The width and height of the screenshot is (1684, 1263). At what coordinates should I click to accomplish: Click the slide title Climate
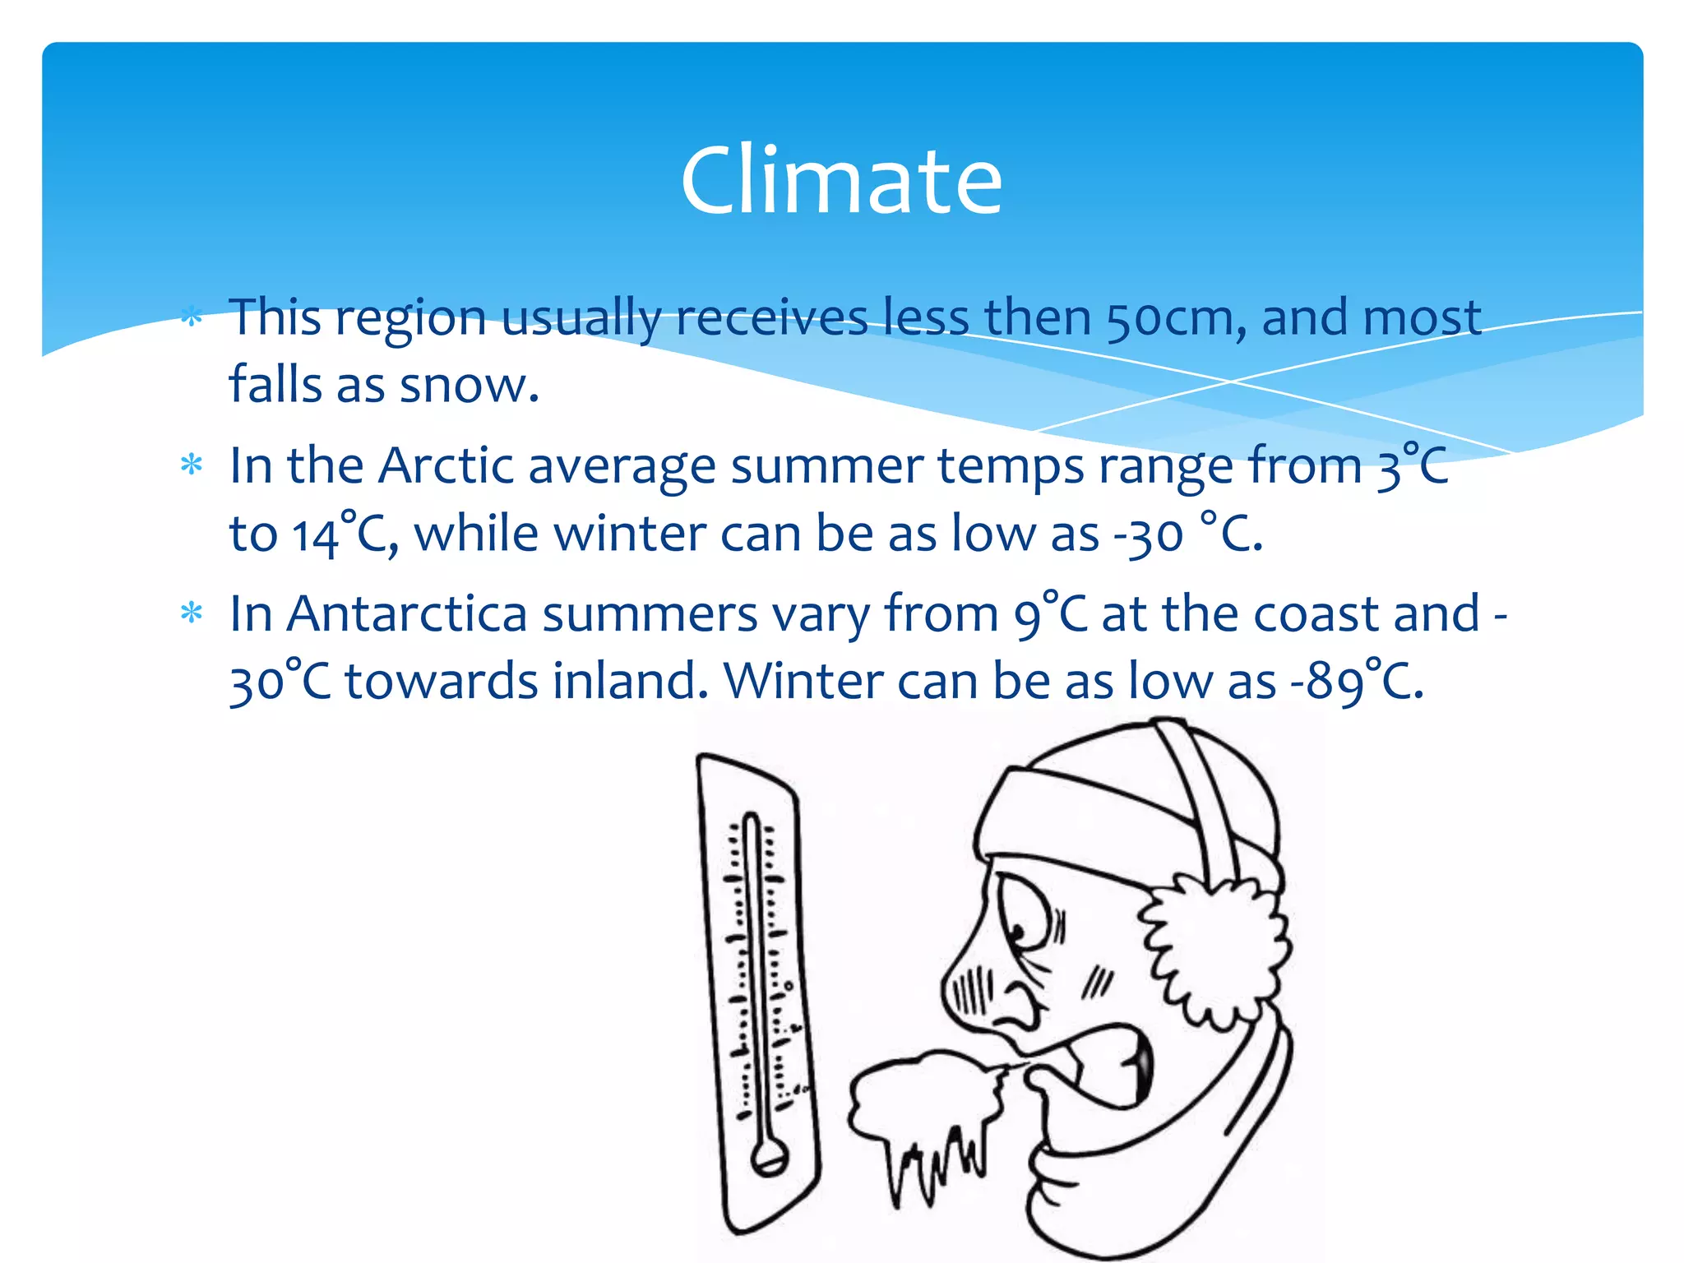pos(841,181)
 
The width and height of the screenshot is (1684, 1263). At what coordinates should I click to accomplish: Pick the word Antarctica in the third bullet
pos(406,614)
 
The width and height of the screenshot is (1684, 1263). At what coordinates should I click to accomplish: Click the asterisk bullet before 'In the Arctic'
pos(192,466)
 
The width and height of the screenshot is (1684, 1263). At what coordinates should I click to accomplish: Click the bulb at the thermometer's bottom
pos(769,1159)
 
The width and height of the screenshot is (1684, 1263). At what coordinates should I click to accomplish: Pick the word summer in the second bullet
pos(826,466)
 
